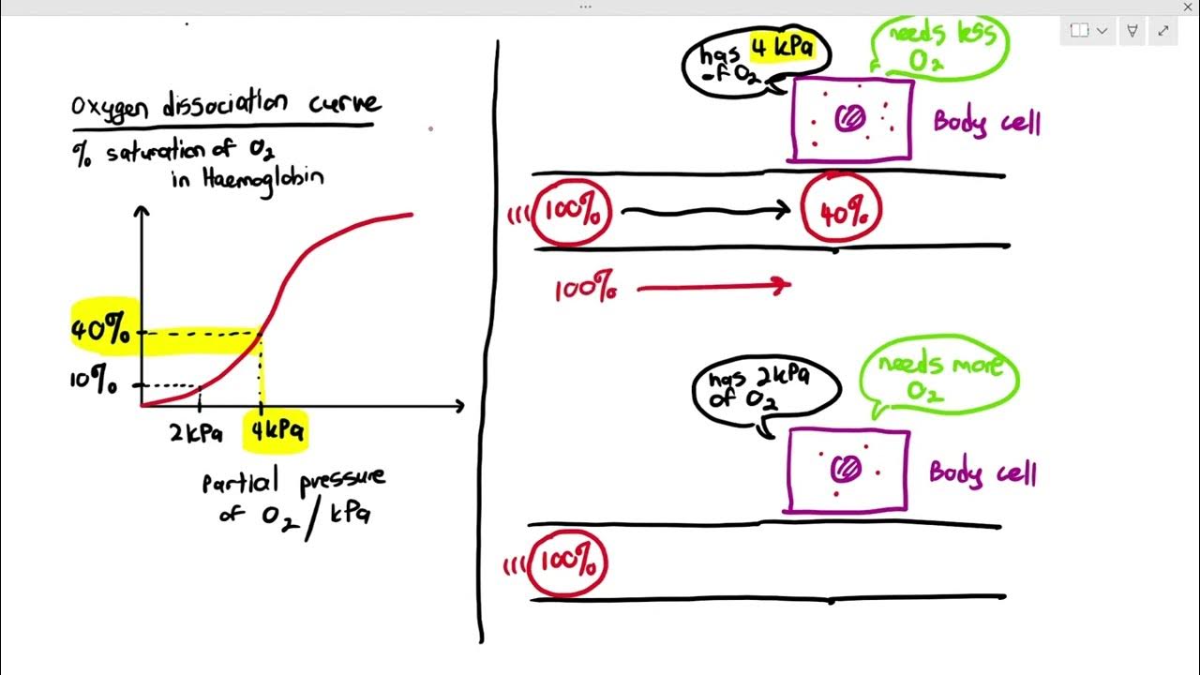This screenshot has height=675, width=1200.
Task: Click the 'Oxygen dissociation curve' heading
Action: point(225,104)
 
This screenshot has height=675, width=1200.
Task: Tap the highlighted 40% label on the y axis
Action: point(100,329)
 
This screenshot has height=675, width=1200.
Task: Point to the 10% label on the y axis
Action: point(94,383)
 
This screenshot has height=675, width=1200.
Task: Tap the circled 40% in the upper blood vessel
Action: point(843,213)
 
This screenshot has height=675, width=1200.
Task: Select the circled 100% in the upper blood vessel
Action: point(571,213)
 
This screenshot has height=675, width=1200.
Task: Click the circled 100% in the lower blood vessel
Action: point(568,562)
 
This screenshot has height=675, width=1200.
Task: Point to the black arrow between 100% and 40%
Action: point(705,212)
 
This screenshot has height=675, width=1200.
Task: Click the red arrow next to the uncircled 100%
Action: point(712,288)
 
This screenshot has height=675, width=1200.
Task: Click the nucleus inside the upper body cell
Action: point(853,117)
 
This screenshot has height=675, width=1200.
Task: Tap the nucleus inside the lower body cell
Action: point(849,468)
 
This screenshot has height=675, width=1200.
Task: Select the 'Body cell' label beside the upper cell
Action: point(986,123)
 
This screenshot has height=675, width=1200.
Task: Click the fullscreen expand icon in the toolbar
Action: point(1163,30)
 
